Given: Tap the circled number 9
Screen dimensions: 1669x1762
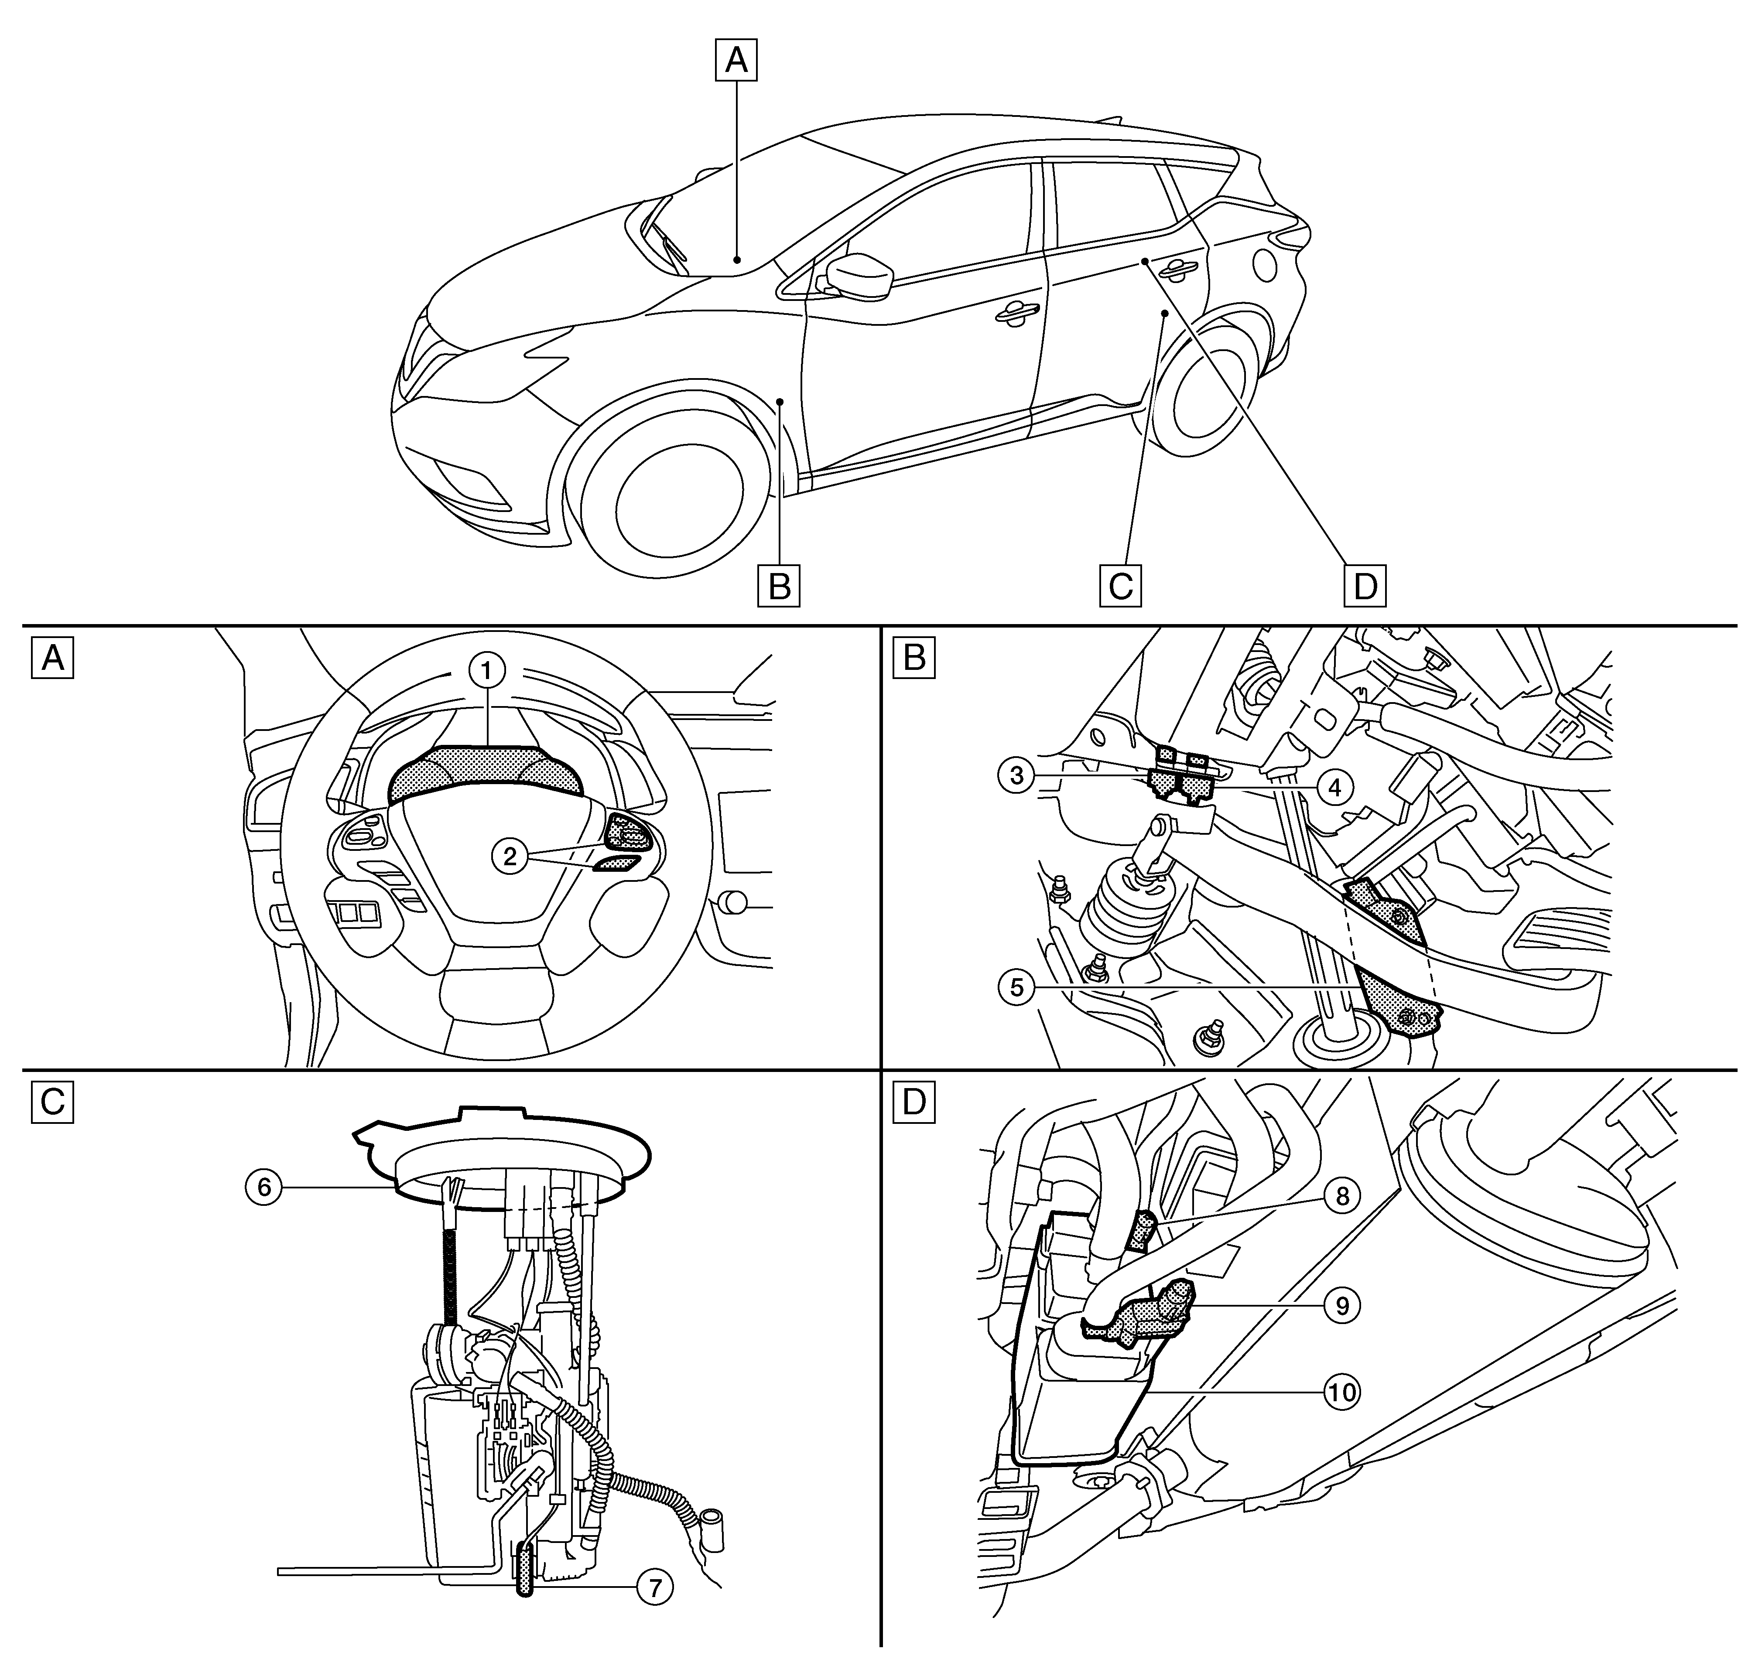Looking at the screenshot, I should click(x=1342, y=1305).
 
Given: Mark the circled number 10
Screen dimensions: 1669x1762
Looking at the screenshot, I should click(x=1342, y=1392).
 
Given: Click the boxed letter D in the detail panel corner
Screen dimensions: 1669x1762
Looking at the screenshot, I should click(x=914, y=1102).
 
